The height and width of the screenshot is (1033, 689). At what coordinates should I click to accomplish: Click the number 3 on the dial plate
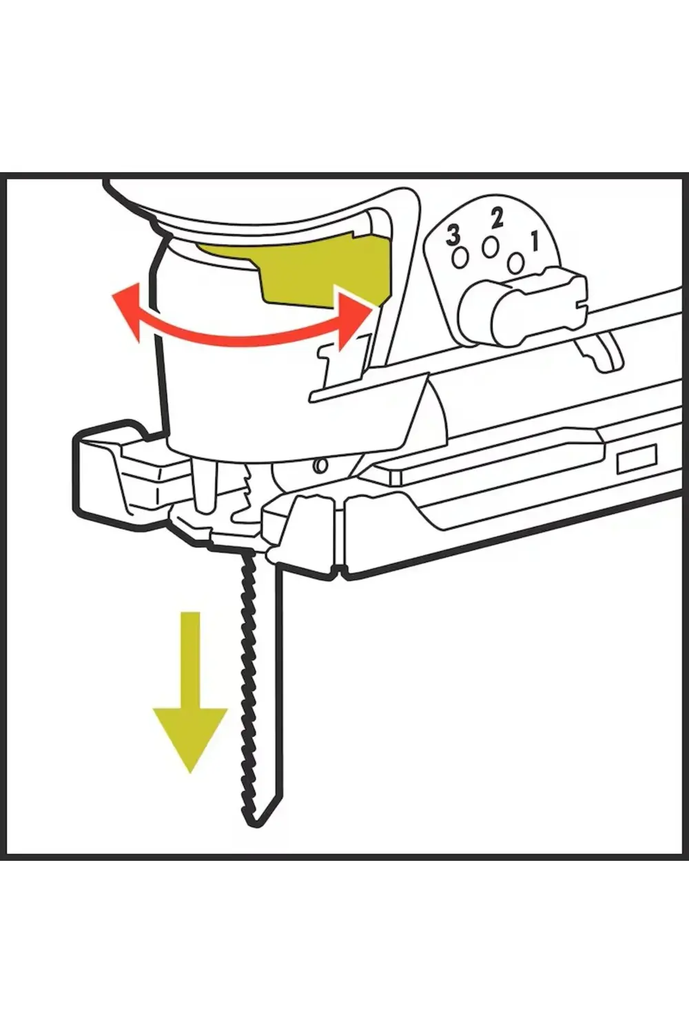453,237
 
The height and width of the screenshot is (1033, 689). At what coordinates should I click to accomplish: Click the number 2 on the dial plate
497,218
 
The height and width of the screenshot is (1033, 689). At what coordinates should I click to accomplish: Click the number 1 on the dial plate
535,242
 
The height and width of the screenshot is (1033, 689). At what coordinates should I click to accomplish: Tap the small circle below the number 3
460,258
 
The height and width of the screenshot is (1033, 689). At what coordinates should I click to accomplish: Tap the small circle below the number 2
490,248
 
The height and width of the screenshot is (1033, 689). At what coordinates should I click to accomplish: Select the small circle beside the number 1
516,263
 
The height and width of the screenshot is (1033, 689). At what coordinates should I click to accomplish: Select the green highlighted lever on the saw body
296,272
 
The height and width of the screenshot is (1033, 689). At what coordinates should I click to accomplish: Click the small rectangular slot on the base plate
637,459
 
